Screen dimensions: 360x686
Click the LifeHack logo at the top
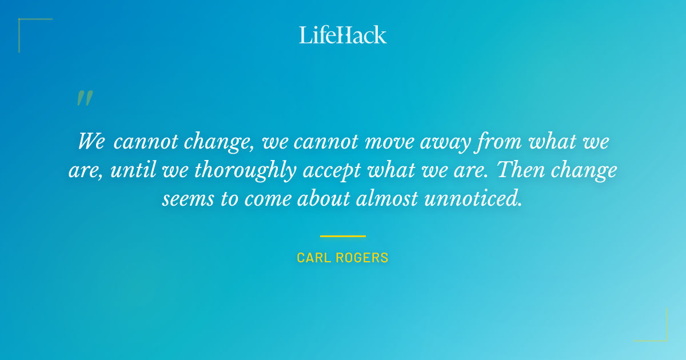pyautogui.click(x=343, y=35)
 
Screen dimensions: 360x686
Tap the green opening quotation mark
pyautogui.click(x=84, y=98)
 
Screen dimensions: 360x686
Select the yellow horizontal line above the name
pyautogui.click(x=342, y=236)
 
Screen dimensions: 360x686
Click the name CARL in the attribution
pyautogui.click(x=313, y=258)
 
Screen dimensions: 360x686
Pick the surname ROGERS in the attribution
pyautogui.click(x=361, y=258)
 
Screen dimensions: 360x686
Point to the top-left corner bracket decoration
pyautogui.click(x=29, y=29)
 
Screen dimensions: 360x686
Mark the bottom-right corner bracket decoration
pyautogui.click(x=657, y=331)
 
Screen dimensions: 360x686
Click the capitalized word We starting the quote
pyautogui.click(x=91, y=141)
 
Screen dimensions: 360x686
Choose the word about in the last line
pyautogui.click(x=328, y=199)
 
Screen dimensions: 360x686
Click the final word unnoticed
pyautogui.click(x=480, y=199)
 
